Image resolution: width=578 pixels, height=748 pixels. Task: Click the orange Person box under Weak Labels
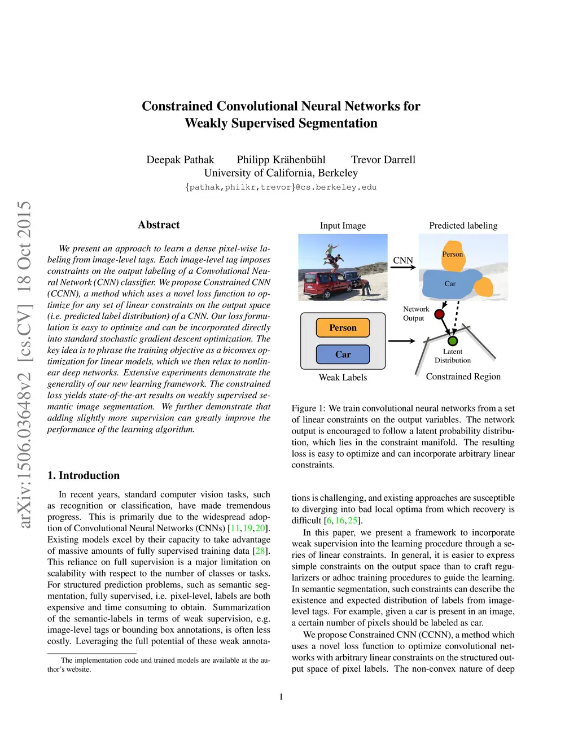tap(343, 327)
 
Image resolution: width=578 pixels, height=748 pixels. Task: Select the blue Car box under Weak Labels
tap(343, 355)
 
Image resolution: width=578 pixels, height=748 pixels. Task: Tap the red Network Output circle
tap(440, 314)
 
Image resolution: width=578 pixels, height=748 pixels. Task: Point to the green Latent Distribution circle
tap(452, 341)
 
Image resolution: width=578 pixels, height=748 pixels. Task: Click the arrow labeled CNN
tap(403, 267)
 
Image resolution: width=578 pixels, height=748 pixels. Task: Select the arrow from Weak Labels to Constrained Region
tap(401, 341)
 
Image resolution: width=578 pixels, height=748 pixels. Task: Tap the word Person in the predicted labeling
tap(452, 254)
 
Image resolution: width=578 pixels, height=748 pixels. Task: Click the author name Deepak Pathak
tap(180, 160)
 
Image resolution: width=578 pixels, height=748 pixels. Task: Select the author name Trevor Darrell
tap(383, 160)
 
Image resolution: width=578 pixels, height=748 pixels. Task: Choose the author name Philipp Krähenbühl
tap(281, 160)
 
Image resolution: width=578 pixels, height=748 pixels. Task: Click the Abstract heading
tap(159, 225)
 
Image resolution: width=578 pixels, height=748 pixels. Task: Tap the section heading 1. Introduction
tap(84, 475)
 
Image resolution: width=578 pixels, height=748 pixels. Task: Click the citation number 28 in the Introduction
tap(260, 551)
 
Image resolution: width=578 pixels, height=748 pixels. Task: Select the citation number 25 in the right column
tap(352, 520)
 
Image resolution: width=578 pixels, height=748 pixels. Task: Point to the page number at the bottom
tap(281, 697)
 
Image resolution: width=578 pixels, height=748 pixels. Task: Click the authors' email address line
tap(281, 187)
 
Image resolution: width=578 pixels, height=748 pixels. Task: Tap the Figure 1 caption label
tap(308, 408)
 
